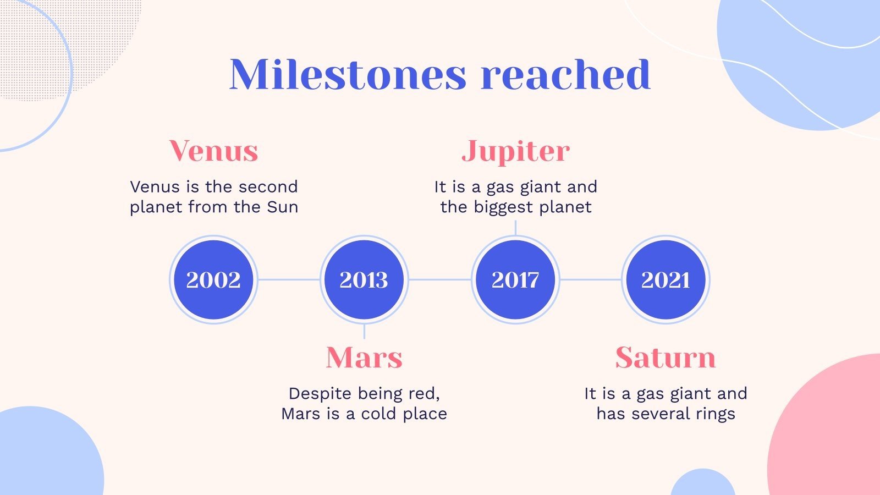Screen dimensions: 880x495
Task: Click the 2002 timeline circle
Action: tap(213, 280)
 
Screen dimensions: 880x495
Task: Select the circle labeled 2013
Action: tap(364, 280)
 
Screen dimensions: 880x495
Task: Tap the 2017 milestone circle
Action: tap(515, 280)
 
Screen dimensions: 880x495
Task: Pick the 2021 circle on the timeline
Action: tap(665, 280)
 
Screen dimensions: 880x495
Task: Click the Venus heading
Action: tap(214, 151)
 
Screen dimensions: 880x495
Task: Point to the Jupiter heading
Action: tap(515, 152)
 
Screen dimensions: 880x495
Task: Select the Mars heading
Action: tap(364, 358)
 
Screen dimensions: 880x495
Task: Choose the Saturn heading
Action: tap(665, 358)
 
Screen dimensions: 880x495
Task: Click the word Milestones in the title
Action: tap(348, 74)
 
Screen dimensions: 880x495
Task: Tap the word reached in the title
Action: tap(566, 74)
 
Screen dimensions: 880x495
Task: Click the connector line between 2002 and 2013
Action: tap(289, 280)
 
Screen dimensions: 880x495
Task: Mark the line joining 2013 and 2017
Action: tap(440, 280)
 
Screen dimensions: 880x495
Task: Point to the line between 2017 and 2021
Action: tap(591, 280)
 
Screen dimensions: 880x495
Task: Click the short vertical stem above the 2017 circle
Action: tap(515, 228)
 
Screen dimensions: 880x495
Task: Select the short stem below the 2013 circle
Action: tap(364, 331)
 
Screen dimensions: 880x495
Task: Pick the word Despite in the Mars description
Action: tap(320, 394)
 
